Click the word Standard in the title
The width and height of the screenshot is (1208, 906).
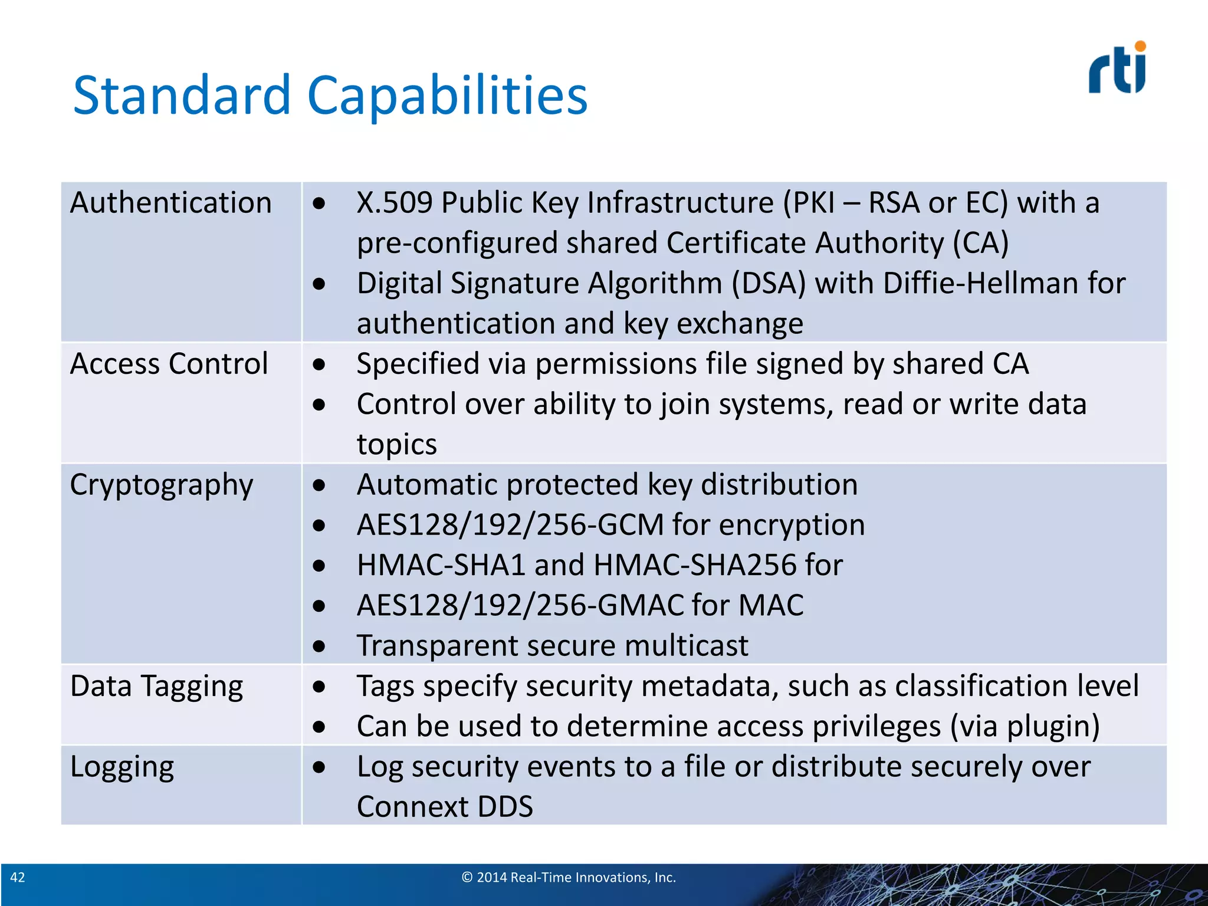182,96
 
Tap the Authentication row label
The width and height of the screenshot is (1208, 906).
171,203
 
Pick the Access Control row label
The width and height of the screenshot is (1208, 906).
169,364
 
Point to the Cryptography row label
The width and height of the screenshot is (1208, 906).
162,485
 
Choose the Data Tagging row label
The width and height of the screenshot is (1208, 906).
156,687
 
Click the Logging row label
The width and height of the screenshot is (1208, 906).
122,767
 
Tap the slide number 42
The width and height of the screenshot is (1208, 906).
18,877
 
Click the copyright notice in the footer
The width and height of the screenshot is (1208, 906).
569,877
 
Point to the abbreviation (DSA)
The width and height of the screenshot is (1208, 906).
769,284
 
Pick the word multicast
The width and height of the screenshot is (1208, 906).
687,646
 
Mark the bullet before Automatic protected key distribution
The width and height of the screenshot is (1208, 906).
319,485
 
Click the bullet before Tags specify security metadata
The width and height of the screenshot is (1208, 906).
319,687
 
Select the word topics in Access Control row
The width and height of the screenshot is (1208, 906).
397,445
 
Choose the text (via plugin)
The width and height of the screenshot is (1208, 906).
1025,727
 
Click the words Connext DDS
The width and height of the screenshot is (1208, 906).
445,807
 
